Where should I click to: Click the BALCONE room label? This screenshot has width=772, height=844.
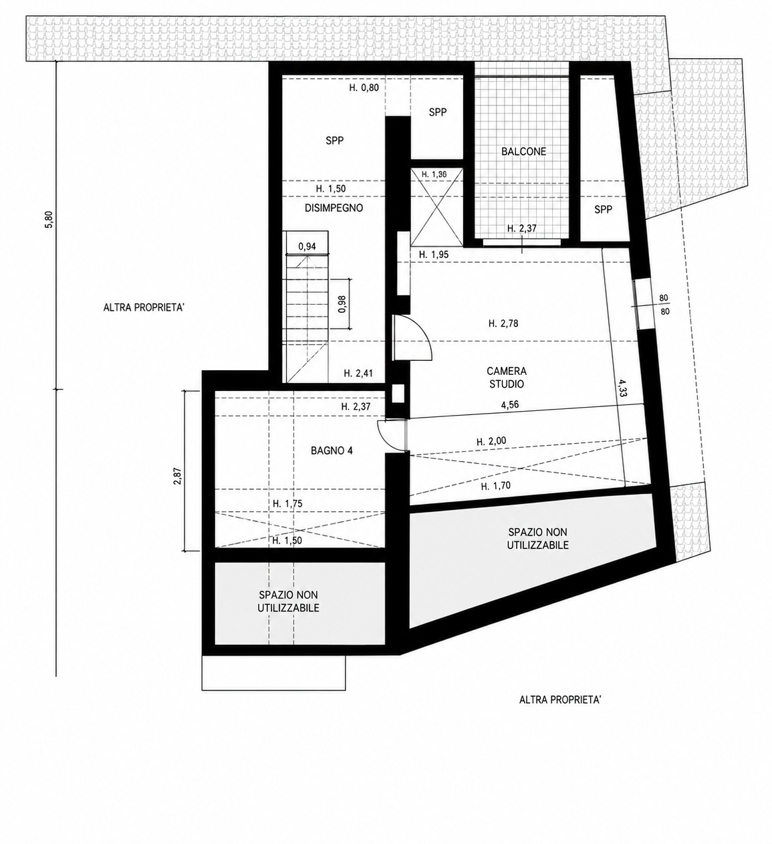[523, 152]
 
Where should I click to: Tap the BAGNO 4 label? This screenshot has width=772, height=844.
[332, 451]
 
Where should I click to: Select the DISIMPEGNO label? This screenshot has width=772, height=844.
[334, 208]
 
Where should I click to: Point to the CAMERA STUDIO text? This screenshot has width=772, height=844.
[507, 378]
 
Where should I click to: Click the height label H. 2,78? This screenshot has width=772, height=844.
[503, 323]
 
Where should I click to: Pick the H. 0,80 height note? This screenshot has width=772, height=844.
[364, 88]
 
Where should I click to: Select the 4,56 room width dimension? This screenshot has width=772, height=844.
[509, 405]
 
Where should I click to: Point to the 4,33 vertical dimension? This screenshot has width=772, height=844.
[622, 388]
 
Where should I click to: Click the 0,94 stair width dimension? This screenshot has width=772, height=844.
[307, 247]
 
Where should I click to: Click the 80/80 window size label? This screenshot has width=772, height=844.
[664, 305]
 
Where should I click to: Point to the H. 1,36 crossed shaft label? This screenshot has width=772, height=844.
[434, 174]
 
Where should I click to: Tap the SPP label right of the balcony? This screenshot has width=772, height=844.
[603, 209]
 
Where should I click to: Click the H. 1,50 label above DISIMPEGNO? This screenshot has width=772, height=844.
[331, 189]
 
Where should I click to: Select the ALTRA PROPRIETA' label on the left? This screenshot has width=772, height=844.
[144, 307]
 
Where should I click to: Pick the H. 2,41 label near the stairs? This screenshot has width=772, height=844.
[358, 373]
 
